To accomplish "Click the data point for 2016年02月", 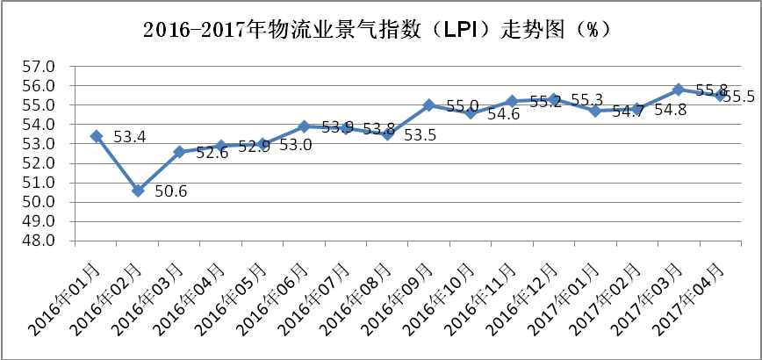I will (x=138, y=191).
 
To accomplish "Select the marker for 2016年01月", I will (x=97, y=136).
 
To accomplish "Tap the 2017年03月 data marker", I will (x=678, y=90).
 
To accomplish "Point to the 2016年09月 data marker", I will (x=429, y=105).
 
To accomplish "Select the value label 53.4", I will (x=129, y=137).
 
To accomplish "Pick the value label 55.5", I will (x=739, y=97).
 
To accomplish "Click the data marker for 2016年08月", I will (x=387, y=134).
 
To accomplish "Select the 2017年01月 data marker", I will (x=595, y=112).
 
